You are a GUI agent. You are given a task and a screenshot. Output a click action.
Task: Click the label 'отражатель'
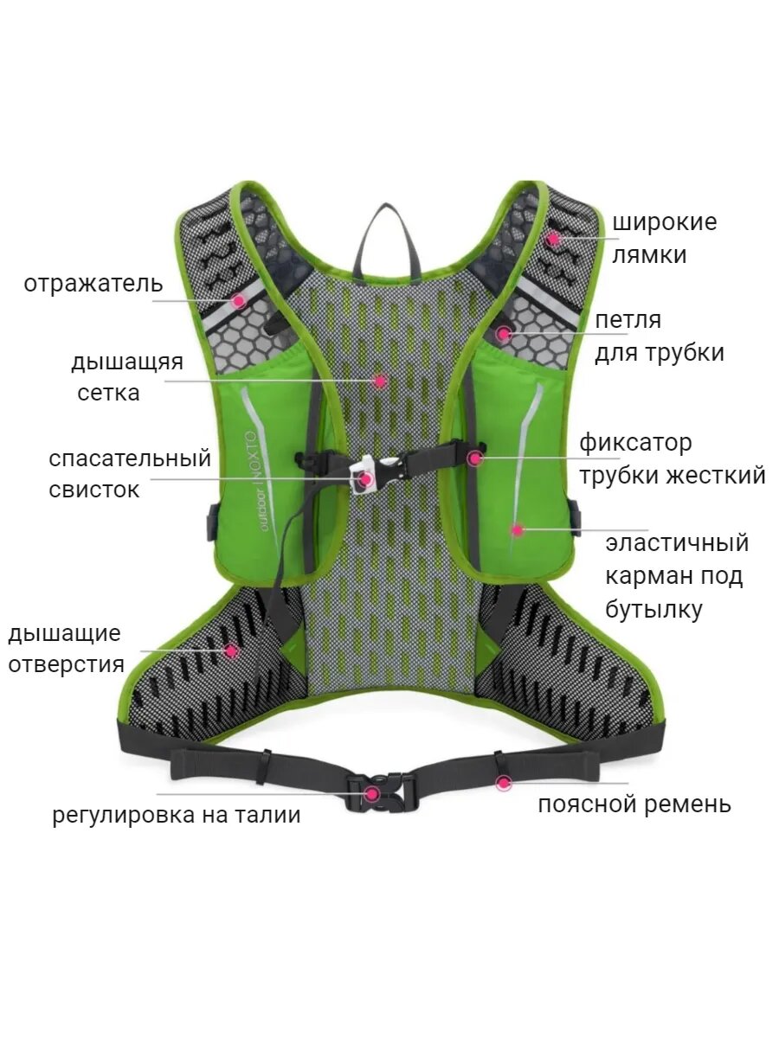[93, 284]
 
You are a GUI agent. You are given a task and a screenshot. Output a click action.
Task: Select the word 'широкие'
[664, 222]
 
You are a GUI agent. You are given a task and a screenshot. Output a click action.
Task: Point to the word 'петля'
[628, 320]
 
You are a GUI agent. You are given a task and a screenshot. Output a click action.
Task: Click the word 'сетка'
[108, 393]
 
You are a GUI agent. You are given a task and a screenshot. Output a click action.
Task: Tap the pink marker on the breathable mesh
[379, 380]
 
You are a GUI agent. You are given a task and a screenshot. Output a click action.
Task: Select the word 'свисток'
[93, 490]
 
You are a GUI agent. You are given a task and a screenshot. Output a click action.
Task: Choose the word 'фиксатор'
[635, 443]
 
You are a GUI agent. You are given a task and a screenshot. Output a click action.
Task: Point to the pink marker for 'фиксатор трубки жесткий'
[474, 458]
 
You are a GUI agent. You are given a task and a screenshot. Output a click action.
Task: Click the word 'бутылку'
[653, 609]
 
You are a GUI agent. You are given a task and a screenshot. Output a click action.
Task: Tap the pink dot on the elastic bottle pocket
[517, 529]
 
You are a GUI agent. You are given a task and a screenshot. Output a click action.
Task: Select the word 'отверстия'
[66, 665]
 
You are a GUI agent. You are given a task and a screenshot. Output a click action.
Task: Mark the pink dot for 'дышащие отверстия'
[230, 650]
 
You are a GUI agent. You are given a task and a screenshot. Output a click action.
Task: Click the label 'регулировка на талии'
[177, 815]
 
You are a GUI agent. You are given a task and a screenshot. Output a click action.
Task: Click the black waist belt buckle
[379, 791]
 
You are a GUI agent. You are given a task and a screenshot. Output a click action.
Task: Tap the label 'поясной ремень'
[634, 804]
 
